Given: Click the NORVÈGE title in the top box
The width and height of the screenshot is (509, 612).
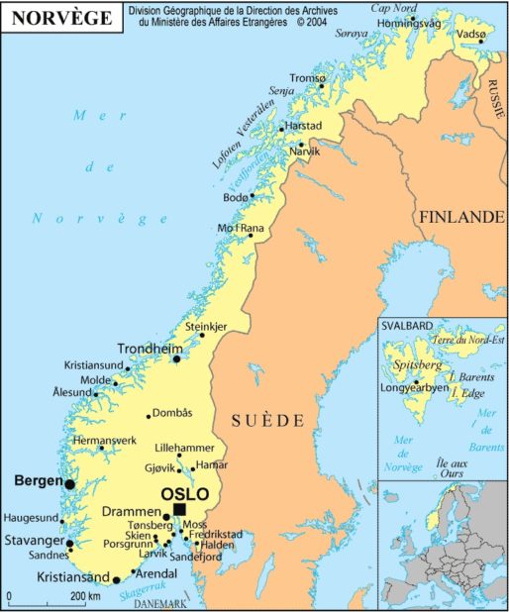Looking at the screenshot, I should (x=61, y=16).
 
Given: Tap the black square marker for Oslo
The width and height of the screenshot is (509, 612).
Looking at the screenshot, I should (x=179, y=509).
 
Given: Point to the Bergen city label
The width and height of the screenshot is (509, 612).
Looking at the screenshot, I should (x=38, y=480).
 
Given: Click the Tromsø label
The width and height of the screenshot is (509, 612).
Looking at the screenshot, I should (x=306, y=78).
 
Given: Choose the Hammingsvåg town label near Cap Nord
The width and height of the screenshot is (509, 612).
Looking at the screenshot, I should (x=409, y=23).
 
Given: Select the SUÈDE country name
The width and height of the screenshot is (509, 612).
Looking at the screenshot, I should (x=267, y=421).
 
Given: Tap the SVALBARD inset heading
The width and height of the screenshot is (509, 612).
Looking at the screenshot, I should (x=406, y=325).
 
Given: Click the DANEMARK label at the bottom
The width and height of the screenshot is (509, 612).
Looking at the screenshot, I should (x=158, y=604).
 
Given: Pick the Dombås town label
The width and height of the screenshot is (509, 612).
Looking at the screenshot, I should (x=172, y=413).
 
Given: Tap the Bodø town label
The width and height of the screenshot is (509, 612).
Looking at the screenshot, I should (x=236, y=198).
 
